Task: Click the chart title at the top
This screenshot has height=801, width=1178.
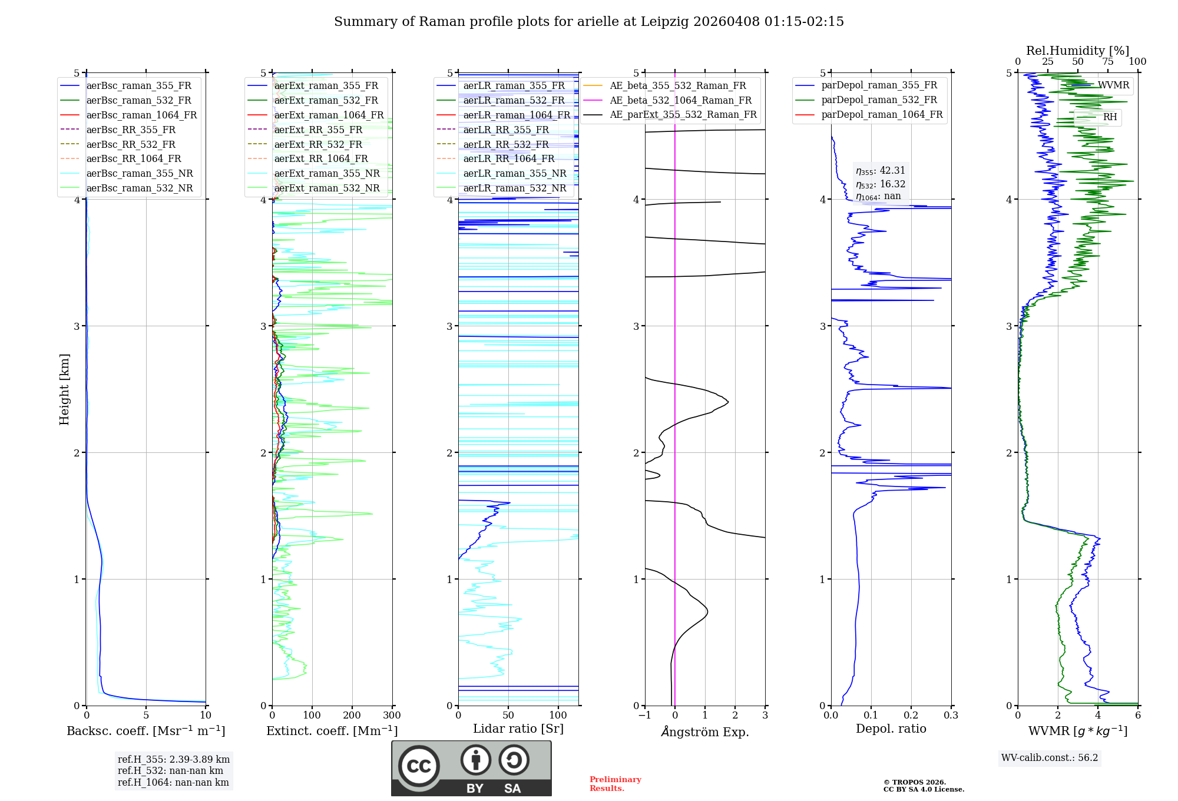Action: [x=588, y=22]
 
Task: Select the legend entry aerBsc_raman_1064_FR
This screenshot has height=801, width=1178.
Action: [x=141, y=115]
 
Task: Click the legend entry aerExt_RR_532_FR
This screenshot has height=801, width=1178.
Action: [x=318, y=144]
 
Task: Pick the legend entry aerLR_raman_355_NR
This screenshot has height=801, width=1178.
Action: [x=514, y=173]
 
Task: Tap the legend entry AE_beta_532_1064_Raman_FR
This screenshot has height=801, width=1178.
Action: [x=680, y=100]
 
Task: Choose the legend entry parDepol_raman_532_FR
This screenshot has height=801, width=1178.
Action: [x=879, y=100]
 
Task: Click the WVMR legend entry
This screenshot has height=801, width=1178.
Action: [x=1113, y=85]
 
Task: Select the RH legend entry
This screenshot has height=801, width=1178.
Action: [x=1110, y=117]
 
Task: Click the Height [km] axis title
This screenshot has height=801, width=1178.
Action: [x=64, y=389]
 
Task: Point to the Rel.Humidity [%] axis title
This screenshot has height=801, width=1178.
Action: [x=1077, y=51]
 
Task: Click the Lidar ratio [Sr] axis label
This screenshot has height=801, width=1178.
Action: [x=518, y=729]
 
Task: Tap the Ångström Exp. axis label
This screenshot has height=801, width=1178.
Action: [x=705, y=732]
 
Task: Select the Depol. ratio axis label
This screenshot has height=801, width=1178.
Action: [x=891, y=729]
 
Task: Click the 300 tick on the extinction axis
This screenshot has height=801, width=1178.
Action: [x=392, y=716]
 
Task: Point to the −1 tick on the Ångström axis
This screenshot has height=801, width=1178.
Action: [x=644, y=716]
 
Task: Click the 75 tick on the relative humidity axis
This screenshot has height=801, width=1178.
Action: [x=1108, y=62]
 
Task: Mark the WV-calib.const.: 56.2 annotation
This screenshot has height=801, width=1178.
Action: [x=1050, y=757]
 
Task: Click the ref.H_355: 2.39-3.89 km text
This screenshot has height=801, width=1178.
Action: [x=174, y=759]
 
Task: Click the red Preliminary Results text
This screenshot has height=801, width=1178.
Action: [x=615, y=784]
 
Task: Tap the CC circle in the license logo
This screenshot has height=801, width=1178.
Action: [x=419, y=766]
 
